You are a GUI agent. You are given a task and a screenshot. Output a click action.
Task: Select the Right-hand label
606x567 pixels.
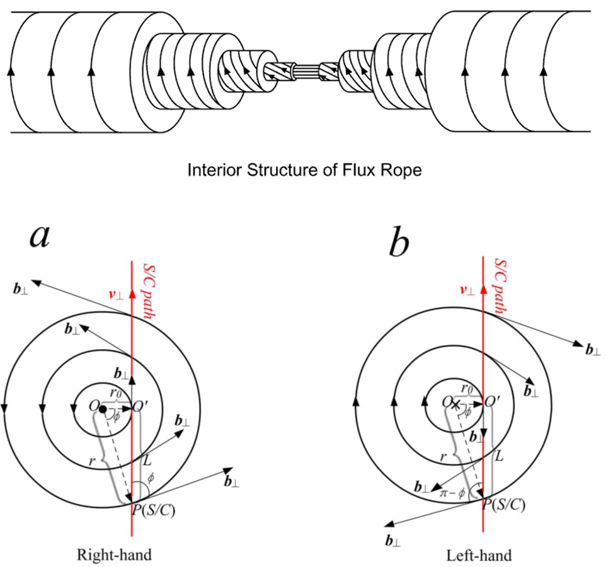(114, 555)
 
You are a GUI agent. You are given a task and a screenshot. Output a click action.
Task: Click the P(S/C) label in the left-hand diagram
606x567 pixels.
(503, 504)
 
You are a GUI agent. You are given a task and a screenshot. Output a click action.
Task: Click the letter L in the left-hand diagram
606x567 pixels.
(498, 454)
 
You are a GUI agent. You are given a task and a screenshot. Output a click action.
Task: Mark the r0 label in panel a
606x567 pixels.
(115, 394)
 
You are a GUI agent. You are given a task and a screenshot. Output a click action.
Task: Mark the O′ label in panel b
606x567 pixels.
(493, 401)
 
